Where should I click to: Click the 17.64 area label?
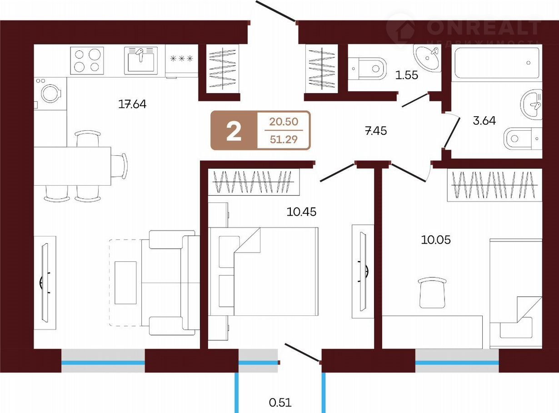click(132, 104)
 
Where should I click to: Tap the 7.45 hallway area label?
click(376, 131)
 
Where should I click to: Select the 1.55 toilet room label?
click(406, 75)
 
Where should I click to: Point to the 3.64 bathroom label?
click(484, 121)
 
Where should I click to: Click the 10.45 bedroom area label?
click(301, 212)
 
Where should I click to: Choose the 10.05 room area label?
click(436, 240)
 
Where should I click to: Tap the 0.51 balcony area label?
click(280, 403)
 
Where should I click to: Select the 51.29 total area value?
click(284, 139)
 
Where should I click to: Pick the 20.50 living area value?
click(284, 122)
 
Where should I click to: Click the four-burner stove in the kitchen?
click(87, 61)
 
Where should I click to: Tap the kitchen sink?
click(141, 61)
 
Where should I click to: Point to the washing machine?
click(50, 93)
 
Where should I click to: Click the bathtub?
click(497, 63)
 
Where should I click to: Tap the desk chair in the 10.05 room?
click(432, 293)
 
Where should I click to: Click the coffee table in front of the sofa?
click(125, 283)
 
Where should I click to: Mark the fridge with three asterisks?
click(181, 61)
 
